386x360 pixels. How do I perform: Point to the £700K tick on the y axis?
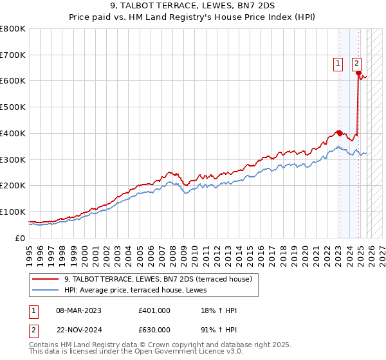(13, 55)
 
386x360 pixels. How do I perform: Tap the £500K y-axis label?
(13, 107)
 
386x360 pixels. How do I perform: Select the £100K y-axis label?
(13, 212)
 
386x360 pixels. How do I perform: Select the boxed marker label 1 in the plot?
(338, 63)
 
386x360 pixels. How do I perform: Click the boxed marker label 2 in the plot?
(356, 63)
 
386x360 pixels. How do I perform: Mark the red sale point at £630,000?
(358, 73)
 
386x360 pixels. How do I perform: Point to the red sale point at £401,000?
(339, 133)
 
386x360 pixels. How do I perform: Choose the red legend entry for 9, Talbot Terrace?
(143, 279)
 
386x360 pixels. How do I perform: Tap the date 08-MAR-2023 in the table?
(79, 310)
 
